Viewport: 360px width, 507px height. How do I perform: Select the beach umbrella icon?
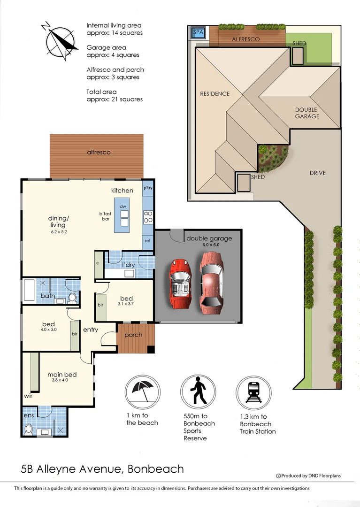coord(142,392)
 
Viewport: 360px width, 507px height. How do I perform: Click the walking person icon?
coord(199,392)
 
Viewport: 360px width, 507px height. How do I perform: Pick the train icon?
coord(253,392)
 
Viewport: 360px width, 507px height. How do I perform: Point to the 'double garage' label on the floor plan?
coord(209,238)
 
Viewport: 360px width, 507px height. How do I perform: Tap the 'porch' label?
coord(133,335)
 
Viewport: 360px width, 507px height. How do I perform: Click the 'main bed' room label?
coord(62,375)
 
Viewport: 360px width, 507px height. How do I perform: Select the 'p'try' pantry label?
coord(148,188)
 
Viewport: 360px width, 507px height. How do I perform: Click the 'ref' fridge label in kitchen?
coord(147,240)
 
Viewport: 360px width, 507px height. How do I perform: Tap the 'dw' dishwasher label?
coord(123,206)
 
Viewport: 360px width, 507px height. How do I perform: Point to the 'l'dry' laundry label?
coord(129,265)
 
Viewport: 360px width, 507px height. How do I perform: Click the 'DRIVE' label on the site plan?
coord(317,173)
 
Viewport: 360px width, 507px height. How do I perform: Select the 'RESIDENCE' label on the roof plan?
coord(215,93)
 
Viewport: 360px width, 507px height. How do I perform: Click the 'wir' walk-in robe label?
coord(28,396)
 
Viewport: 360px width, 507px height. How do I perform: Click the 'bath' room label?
coord(47,296)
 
